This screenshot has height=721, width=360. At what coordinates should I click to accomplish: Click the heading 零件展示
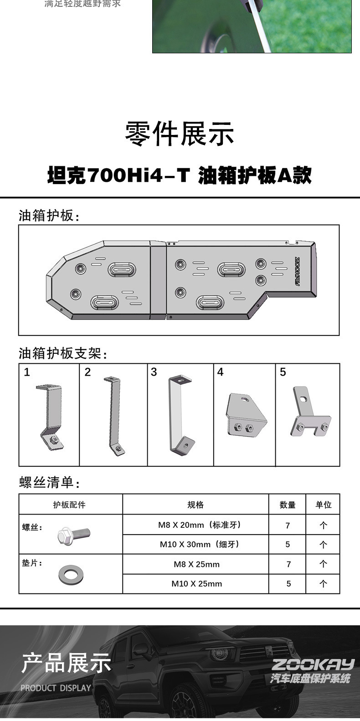coord(180,134)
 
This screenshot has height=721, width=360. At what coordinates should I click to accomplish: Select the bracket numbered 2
coord(114,415)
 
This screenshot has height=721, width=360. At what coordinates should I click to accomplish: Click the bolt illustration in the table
coord(74,535)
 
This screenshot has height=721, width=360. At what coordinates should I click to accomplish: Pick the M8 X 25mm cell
coord(196,564)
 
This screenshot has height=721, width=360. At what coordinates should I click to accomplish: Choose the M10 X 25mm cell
coord(196,583)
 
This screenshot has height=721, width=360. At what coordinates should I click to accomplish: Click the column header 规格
coord(195,505)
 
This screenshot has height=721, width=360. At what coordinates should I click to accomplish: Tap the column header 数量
coord(287,505)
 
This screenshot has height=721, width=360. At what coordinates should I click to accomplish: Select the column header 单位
coord(324,505)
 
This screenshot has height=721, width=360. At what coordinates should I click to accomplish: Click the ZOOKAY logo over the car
coord(313,664)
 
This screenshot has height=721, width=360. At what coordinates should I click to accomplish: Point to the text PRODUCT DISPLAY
coord(56,688)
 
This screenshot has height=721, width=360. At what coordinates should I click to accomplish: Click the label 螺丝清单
coord(49,483)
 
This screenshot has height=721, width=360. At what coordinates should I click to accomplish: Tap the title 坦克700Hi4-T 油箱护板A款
coord(180,175)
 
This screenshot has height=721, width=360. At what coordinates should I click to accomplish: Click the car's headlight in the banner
coord(221,652)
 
